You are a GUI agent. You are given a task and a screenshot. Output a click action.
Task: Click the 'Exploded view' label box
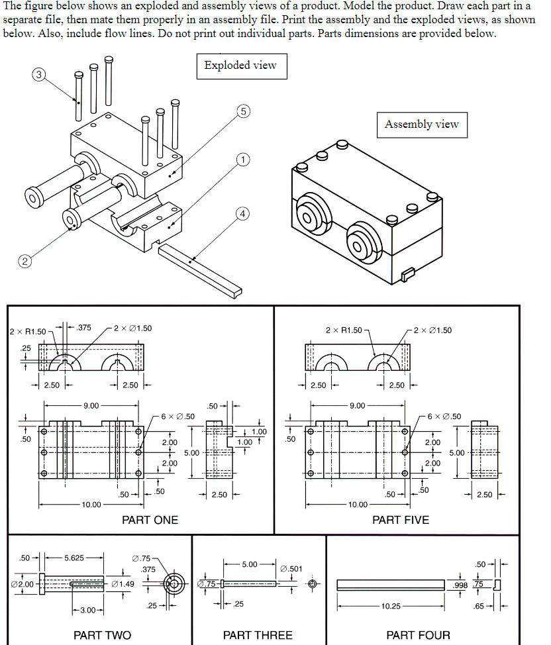(x=241, y=66)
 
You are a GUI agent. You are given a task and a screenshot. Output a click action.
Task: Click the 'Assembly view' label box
(x=421, y=124)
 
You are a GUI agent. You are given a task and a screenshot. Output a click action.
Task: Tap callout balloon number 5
(x=243, y=111)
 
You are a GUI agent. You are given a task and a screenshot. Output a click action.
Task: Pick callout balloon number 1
(x=243, y=160)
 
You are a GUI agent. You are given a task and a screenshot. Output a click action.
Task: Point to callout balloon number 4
(x=243, y=213)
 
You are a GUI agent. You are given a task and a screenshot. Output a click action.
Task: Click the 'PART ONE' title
(x=150, y=520)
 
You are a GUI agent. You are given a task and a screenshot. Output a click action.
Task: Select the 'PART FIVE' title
(x=400, y=520)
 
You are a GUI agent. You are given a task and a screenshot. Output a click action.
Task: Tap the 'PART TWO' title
(x=102, y=635)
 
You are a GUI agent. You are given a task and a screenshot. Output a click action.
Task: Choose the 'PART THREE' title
(x=258, y=635)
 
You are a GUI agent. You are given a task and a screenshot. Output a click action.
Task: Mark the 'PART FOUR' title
(x=418, y=635)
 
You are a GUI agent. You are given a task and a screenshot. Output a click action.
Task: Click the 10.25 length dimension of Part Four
(x=391, y=606)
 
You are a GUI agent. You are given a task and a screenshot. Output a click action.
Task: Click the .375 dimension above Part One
(x=84, y=327)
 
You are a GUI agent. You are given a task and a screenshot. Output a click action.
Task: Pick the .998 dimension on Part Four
(x=460, y=585)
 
